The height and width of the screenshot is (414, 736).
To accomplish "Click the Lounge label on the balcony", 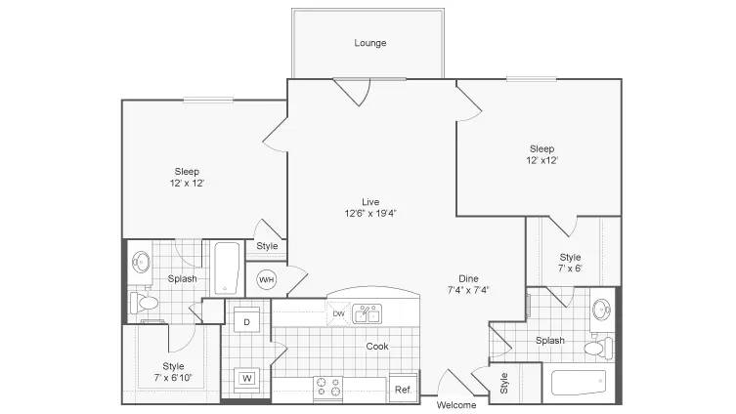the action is click(370, 43).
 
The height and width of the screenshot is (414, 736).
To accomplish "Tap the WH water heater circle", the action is click(267, 280).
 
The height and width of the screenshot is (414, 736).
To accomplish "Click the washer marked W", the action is click(247, 378).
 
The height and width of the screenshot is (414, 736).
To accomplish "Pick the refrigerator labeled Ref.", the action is click(404, 388).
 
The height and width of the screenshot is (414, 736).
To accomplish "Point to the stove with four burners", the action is click(328, 388).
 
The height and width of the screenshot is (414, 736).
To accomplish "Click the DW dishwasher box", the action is click(338, 313).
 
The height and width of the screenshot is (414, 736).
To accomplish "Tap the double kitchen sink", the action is click(368, 313).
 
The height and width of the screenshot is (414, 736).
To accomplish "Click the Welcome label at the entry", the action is click(456, 405).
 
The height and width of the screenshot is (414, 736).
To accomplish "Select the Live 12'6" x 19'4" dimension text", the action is click(370, 208).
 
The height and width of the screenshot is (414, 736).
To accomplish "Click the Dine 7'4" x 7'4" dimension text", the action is click(468, 284).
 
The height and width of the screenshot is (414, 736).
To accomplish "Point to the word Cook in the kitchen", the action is click(377, 346).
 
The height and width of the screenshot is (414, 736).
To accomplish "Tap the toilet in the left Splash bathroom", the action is click(145, 303).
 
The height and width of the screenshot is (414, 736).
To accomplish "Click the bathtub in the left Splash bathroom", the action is click(227, 268).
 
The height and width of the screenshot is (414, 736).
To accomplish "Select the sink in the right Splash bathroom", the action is click(601, 310).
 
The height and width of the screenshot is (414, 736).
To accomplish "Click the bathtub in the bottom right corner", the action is click(579, 383).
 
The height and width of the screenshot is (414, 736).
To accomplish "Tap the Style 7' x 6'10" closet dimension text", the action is click(173, 372).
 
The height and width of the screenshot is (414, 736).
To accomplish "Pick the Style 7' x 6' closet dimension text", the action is click(570, 263).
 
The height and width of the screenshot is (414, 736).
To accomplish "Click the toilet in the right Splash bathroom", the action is click(598, 348).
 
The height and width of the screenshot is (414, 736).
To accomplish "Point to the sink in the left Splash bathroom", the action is click(141, 262).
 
